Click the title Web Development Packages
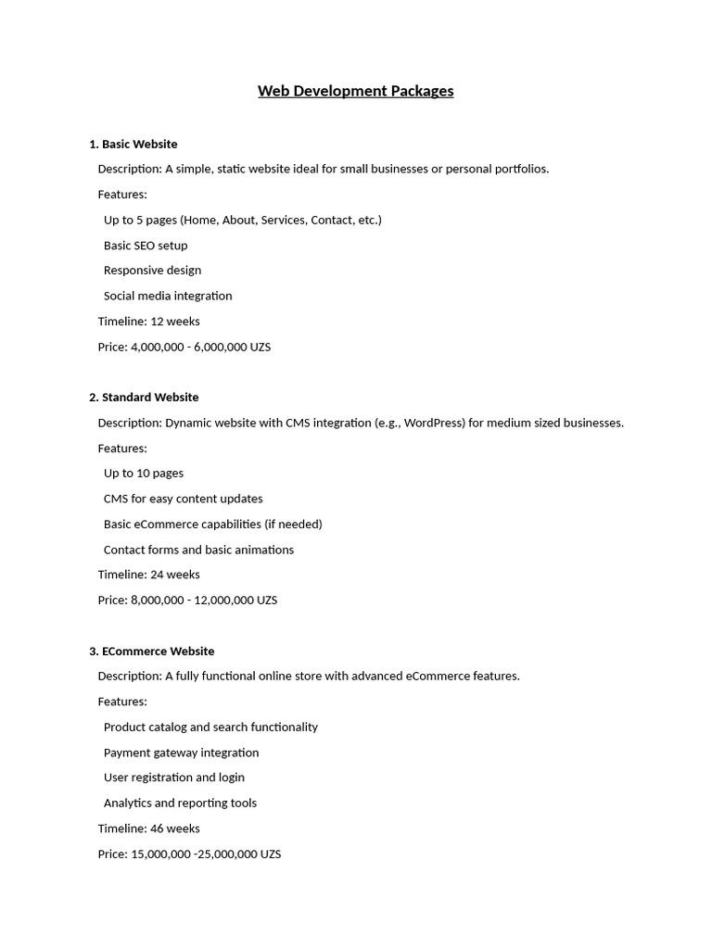[355, 91]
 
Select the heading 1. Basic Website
[133, 145]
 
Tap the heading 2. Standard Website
[144, 398]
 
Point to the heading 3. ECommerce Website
[151, 652]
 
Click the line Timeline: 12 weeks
[148, 322]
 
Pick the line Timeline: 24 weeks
[148, 575]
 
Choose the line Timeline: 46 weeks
[148, 829]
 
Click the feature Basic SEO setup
[146, 246]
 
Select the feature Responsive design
[152, 271]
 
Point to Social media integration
[168, 297]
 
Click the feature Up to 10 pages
[144, 474]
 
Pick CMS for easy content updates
[183, 499]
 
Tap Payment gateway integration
[181, 753]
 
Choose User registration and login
[174, 778]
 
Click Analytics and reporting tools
[180, 803]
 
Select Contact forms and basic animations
[198, 550]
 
